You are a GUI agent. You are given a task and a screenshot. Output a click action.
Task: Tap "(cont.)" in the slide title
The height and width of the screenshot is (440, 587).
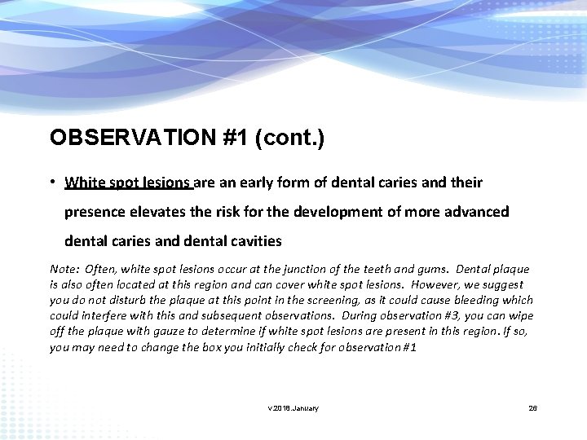(x=289, y=138)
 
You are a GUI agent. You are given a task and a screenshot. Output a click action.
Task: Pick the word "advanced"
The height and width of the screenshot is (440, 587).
(x=475, y=212)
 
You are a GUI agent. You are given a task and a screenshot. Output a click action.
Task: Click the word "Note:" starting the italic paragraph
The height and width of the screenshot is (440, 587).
(x=64, y=269)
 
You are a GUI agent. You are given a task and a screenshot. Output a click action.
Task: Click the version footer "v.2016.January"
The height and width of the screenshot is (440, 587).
(x=293, y=407)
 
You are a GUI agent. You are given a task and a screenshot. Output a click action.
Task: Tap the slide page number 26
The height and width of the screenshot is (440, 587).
(x=533, y=407)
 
